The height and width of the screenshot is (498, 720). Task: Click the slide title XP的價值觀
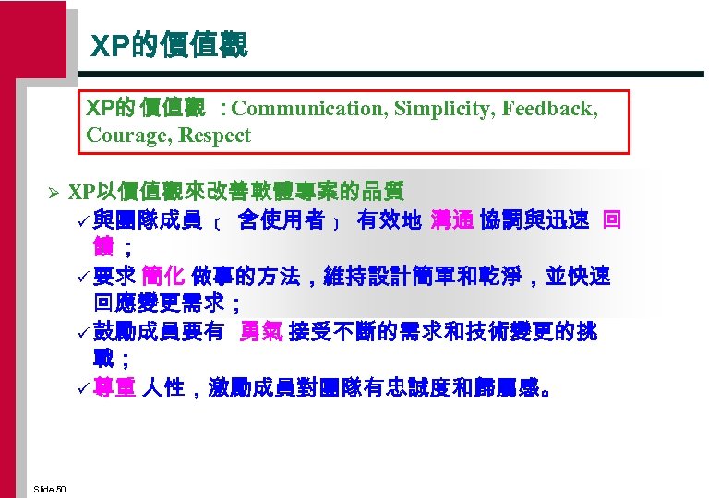coord(169,45)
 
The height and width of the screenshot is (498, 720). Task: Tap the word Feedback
coord(550,109)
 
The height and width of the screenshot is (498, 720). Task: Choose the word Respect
coord(214,136)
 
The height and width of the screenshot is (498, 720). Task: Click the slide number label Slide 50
coord(49,488)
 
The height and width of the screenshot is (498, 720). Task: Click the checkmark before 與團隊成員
coord(84,221)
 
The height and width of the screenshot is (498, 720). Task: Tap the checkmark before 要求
coord(84,277)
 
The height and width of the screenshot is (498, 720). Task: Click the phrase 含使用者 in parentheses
coord(281,220)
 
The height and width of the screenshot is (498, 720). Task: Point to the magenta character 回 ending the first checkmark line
coord(611,220)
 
